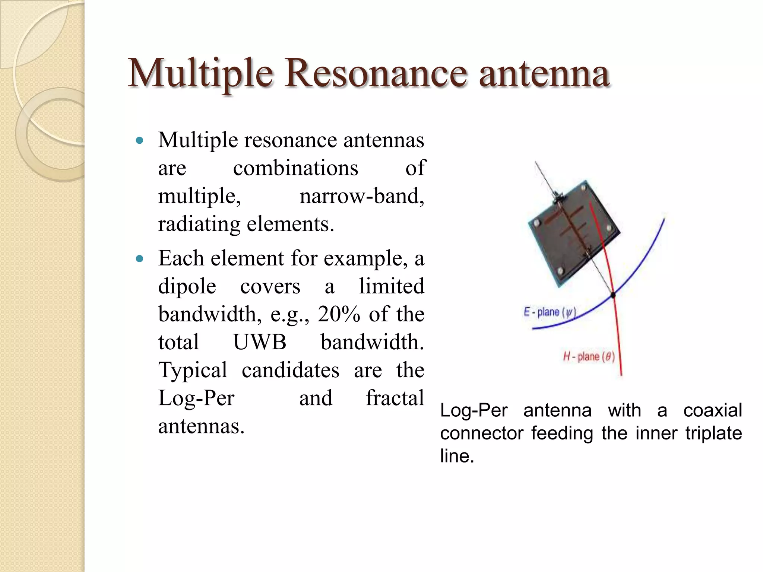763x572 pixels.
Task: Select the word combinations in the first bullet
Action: (295, 168)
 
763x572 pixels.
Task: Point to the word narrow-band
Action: (361, 196)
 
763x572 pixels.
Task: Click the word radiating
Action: (199, 225)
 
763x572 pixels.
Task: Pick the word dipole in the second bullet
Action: (187, 287)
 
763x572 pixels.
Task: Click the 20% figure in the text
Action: (339, 314)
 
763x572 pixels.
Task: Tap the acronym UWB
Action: (260, 342)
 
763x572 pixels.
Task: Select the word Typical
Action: (193, 370)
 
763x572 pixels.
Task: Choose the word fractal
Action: (395, 398)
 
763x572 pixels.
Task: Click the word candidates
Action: (291, 370)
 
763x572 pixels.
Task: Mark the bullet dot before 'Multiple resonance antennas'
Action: (140, 141)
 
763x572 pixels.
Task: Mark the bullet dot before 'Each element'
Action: (140, 259)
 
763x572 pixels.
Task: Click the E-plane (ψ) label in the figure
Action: (550, 312)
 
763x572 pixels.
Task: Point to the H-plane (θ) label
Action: (589, 357)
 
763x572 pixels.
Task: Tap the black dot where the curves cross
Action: (613, 295)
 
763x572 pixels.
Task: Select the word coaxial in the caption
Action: (712, 410)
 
